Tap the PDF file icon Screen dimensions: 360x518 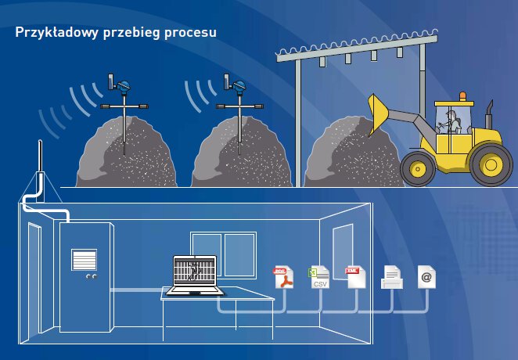click(x=282, y=277)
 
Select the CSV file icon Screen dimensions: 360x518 click(x=319, y=277)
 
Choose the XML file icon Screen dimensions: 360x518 click(x=356, y=276)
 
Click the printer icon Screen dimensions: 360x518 click(x=391, y=277)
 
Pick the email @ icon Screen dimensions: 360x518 click(x=426, y=276)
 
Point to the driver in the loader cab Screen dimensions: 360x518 click(x=451, y=121)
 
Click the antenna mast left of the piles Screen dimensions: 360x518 click(x=40, y=168)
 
